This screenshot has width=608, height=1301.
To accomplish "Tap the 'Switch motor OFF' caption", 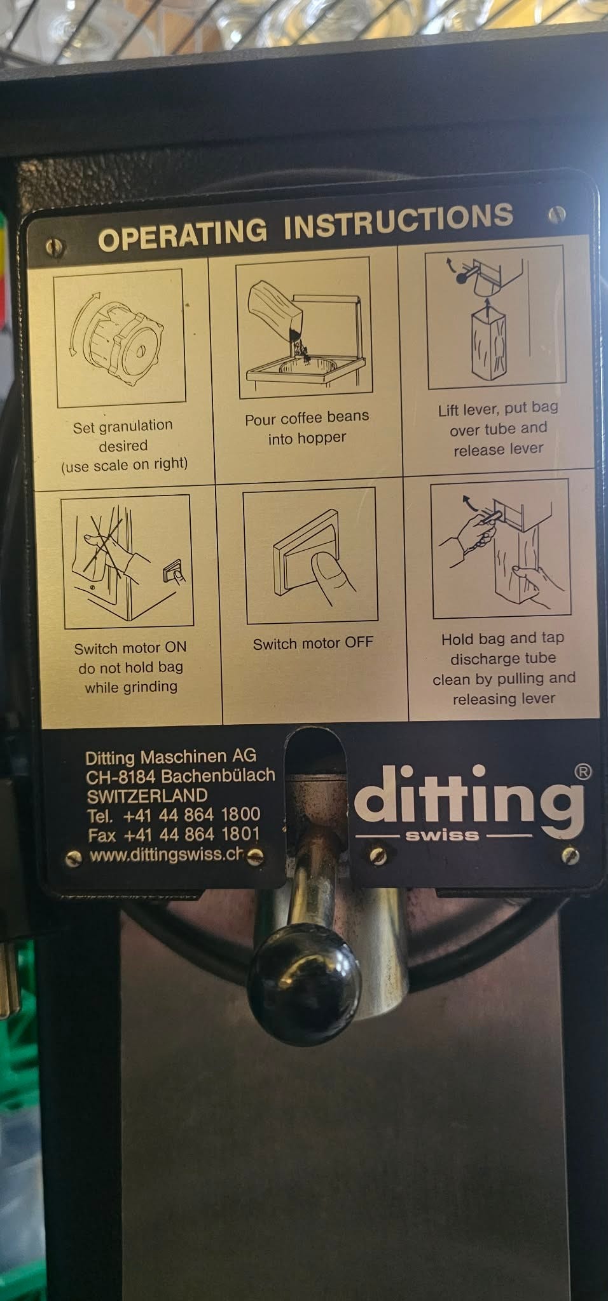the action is (x=313, y=644).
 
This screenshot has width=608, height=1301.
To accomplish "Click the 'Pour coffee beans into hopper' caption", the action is (x=307, y=428).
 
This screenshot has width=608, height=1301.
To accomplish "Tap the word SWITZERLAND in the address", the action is (x=147, y=795).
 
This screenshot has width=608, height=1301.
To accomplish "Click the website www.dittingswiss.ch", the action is (x=167, y=854).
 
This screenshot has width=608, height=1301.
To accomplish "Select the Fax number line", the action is (x=174, y=834).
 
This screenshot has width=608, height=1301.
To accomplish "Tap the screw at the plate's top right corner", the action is (x=557, y=213).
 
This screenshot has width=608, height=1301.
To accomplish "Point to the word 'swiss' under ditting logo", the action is (x=442, y=835).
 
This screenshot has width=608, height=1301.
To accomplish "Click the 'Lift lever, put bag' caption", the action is (x=498, y=408).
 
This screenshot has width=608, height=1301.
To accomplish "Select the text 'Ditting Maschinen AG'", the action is (x=170, y=756).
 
